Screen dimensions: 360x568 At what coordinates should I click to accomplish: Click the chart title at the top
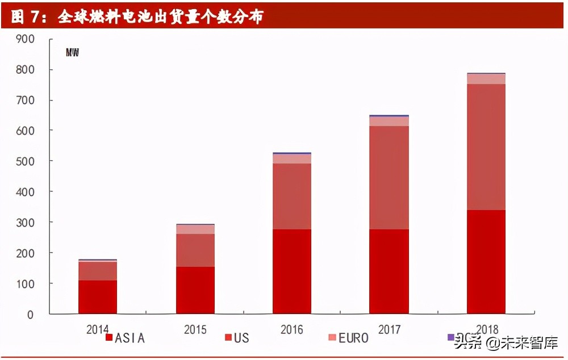point(137,17)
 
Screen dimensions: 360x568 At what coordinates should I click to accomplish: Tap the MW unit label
point(72,53)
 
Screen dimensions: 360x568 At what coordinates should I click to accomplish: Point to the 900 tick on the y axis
point(26,39)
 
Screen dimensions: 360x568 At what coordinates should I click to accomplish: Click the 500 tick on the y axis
point(26,161)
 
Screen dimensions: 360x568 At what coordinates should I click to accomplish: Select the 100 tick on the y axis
point(26,283)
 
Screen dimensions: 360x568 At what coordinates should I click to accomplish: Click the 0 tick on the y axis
point(31,314)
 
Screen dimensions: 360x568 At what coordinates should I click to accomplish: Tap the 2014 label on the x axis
point(98,329)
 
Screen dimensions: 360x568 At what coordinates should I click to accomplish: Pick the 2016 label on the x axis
point(292,329)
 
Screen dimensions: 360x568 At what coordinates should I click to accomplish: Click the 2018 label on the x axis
point(486,329)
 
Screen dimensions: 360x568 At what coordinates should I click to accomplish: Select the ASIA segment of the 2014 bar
point(98,297)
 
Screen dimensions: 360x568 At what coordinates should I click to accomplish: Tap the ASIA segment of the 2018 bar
point(486,262)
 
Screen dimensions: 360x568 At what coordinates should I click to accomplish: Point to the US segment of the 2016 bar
point(292,196)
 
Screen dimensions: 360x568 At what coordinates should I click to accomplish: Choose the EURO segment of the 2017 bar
point(389,121)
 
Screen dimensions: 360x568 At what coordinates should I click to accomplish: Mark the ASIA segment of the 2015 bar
point(195,290)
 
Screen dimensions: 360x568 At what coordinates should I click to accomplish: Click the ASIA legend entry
point(126,338)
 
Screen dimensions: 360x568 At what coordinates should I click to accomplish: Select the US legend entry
point(237,338)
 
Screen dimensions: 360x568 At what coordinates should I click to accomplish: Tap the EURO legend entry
point(349,338)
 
